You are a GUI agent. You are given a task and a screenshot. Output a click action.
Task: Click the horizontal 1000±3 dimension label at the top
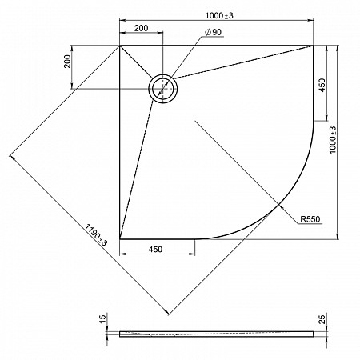(x=219, y=16)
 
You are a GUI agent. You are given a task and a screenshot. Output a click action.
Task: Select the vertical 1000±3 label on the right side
(x=333, y=140)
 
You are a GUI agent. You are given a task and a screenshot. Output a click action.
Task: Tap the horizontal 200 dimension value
(x=141, y=28)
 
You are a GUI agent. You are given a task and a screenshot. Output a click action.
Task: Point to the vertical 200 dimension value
(x=68, y=62)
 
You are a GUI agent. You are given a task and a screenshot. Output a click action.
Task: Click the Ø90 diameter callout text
(x=213, y=32)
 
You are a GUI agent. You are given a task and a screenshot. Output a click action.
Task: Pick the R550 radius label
(x=310, y=219)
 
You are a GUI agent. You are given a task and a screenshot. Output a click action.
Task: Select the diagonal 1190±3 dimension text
(x=96, y=234)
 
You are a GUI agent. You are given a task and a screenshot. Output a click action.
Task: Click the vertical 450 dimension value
(x=322, y=85)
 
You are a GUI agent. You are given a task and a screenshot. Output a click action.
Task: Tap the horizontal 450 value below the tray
(x=155, y=249)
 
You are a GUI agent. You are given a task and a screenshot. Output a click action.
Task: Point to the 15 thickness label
(x=103, y=318)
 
